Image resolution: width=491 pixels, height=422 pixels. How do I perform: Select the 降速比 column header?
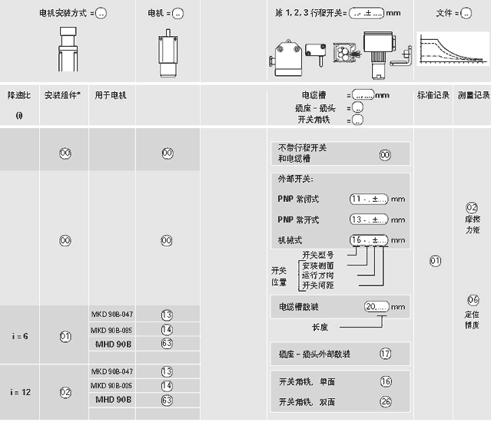[18, 95]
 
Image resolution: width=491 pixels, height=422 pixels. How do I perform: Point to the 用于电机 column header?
[111, 95]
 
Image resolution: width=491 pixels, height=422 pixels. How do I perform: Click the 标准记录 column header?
[433, 95]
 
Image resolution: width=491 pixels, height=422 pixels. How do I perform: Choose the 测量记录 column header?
[473, 95]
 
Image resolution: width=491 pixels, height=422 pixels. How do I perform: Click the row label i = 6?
[22, 336]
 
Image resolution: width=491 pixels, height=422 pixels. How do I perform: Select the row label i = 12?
[22, 391]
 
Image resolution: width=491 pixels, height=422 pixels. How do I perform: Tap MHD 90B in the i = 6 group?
[112, 344]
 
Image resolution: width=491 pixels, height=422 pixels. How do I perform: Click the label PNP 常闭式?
[298, 199]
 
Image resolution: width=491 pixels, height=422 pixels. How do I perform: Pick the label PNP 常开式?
[298, 219]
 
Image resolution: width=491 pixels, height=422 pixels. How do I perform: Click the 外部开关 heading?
[295, 180]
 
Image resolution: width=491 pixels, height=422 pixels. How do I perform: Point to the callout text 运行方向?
[318, 275]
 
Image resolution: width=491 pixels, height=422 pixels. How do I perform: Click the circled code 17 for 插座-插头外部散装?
[386, 354]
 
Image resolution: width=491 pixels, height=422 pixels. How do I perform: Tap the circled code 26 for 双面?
[386, 401]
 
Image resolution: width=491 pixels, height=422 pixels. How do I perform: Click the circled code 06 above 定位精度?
[473, 299]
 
